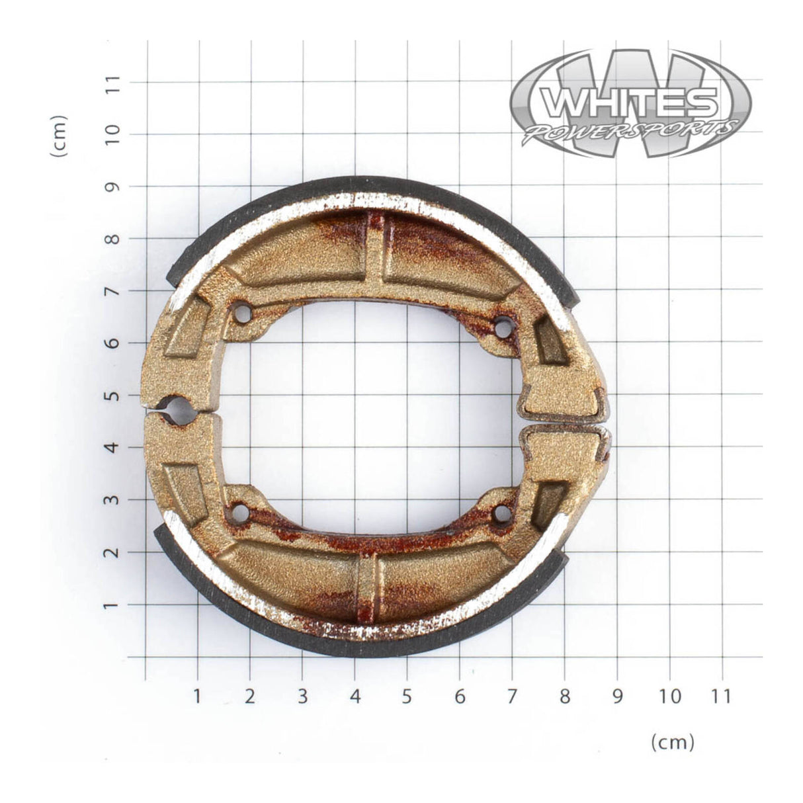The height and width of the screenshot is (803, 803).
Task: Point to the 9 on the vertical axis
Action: [113, 186]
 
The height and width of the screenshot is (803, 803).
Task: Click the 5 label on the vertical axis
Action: [113, 395]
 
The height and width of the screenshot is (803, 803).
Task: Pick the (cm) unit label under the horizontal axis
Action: [673, 742]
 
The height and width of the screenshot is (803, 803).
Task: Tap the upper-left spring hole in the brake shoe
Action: [243, 313]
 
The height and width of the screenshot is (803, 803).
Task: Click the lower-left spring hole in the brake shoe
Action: [240, 513]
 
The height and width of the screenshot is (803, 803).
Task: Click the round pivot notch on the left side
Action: [181, 410]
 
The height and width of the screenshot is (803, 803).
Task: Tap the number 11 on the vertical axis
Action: [113, 83]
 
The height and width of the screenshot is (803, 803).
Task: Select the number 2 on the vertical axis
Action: [113, 552]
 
